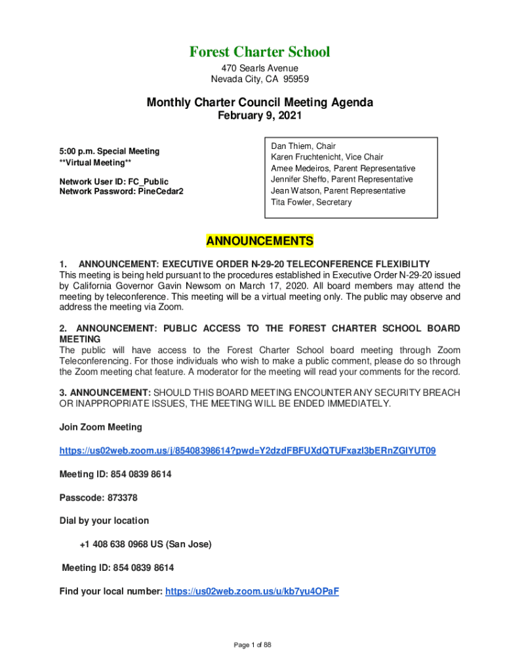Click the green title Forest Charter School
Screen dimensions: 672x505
coord(260,52)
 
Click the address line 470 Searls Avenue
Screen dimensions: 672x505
coord(260,68)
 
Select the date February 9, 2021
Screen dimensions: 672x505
coord(260,115)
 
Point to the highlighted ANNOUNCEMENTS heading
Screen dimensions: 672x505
coord(260,241)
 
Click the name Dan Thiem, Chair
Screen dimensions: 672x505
coord(303,146)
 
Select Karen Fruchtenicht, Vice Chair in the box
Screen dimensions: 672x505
coord(327,157)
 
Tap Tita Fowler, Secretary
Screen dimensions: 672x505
coord(311,202)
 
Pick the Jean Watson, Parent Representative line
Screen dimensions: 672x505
coord(338,190)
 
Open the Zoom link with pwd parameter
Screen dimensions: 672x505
coord(247,451)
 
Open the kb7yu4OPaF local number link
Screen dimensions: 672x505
coord(252,591)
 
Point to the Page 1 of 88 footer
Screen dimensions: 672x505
coord(253,645)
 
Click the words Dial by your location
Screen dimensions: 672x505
coord(104,520)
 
